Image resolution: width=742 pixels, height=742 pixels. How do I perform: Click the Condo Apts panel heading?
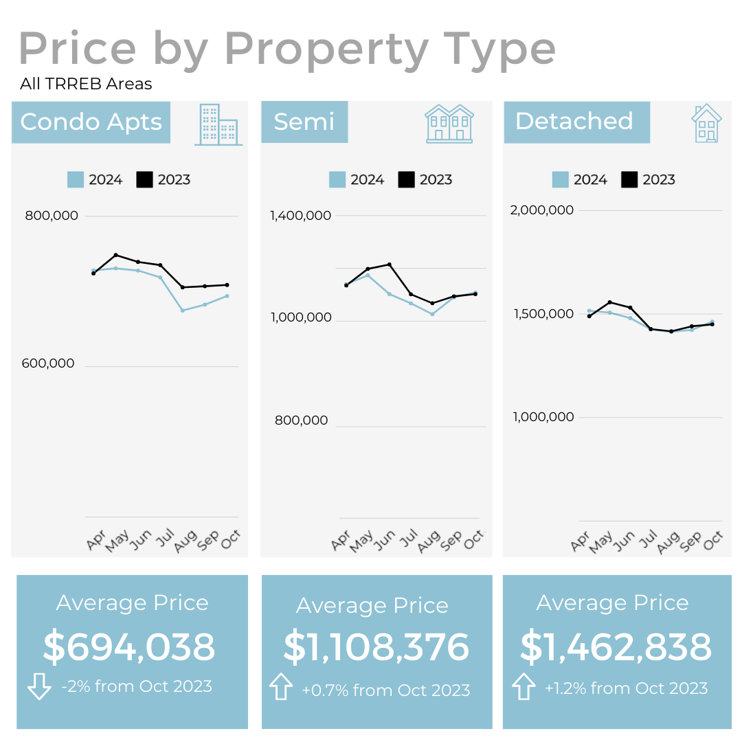pyautogui.click(x=91, y=122)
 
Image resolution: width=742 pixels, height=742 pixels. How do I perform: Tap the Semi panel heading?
pyautogui.click(x=304, y=122)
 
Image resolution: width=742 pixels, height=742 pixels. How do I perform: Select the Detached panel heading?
pyautogui.click(x=574, y=122)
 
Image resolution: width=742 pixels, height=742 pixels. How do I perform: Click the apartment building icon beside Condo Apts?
pyautogui.click(x=218, y=124)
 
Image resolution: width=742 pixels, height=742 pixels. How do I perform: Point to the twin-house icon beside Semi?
pyautogui.click(x=449, y=124)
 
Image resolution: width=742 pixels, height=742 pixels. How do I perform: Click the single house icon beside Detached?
pyautogui.click(x=706, y=124)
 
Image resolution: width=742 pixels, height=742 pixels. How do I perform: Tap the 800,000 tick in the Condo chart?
pyautogui.click(x=52, y=216)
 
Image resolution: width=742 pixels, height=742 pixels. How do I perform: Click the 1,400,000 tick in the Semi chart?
pyautogui.click(x=300, y=216)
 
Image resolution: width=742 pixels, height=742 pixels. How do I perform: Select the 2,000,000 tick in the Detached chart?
pyautogui.click(x=541, y=210)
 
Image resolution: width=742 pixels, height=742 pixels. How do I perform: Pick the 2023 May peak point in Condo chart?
pyautogui.click(x=115, y=255)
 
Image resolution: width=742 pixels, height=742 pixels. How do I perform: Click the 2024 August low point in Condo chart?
pyautogui.click(x=182, y=311)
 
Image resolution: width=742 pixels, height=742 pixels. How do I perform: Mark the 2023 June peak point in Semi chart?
pyautogui.click(x=390, y=265)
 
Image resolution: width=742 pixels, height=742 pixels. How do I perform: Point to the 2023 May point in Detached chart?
pyautogui.click(x=609, y=302)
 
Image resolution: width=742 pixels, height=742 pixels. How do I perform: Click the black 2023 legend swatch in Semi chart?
pyautogui.click(x=407, y=180)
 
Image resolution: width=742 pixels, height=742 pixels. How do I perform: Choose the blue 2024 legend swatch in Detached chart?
pyautogui.click(x=561, y=180)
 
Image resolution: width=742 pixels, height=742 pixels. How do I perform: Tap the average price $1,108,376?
pyautogui.click(x=376, y=647)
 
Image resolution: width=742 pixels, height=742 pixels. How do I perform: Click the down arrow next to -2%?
pyautogui.click(x=39, y=686)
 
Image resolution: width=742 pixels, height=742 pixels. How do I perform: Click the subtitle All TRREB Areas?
pyautogui.click(x=86, y=85)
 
